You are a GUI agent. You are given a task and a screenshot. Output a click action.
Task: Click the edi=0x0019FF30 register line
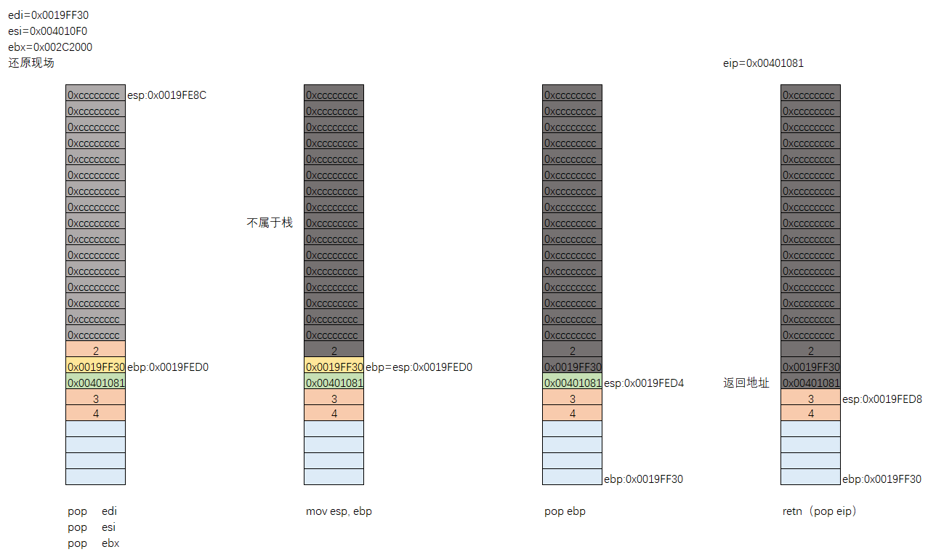pyautogui.click(x=48, y=15)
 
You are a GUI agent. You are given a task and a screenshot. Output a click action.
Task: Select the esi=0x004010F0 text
pyautogui.click(x=48, y=31)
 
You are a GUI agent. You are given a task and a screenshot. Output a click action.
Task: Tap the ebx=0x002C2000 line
pyautogui.click(x=50, y=47)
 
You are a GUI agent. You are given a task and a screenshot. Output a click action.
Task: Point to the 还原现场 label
pyautogui.click(x=31, y=63)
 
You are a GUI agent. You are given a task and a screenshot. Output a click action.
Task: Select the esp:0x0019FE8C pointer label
pyautogui.click(x=166, y=95)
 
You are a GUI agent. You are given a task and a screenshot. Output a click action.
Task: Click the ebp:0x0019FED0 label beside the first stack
pyautogui.click(x=168, y=367)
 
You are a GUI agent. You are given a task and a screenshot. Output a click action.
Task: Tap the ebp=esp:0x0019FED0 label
pyautogui.click(x=419, y=367)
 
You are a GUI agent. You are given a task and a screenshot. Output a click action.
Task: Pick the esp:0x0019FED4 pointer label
pyautogui.click(x=644, y=383)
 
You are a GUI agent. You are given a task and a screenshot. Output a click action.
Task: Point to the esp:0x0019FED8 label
pyautogui.click(x=881, y=399)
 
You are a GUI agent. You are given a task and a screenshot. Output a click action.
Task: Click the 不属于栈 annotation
pyautogui.click(x=270, y=223)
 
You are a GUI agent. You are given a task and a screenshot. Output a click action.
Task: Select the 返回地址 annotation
pyautogui.click(x=746, y=383)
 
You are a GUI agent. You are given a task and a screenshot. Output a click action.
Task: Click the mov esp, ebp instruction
pyautogui.click(x=339, y=511)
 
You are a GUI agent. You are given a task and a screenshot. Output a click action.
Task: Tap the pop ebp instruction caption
pyautogui.click(x=565, y=511)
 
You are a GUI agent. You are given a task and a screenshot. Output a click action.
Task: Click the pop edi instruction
pyautogui.click(x=92, y=511)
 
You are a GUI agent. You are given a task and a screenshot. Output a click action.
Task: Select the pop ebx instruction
pyautogui.click(x=93, y=543)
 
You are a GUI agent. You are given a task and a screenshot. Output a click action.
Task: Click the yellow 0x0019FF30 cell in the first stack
pyautogui.click(x=96, y=367)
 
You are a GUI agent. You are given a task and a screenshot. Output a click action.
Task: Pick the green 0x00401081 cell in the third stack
pyautogui.click(x=573, y=383)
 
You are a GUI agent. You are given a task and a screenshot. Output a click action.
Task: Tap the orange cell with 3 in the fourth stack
pyautogui.click(x=811, y=399)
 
